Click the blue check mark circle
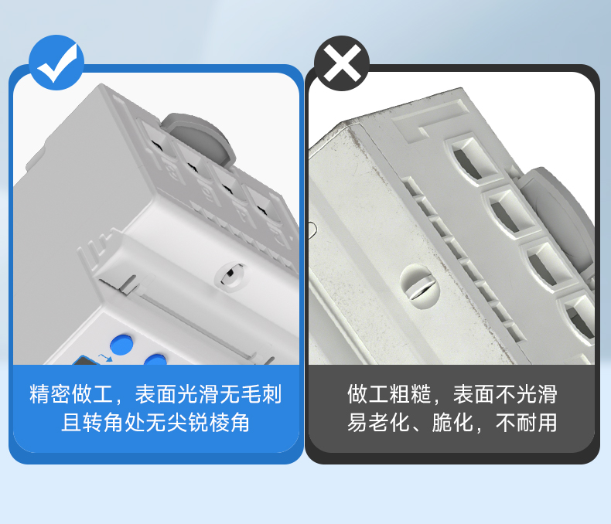coord(56,63)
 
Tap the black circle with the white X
coord(342,63)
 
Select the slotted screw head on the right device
coord(419,286)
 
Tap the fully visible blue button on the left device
coord(122,344)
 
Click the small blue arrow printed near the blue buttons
coord(105,357)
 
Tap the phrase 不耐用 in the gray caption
coord(526,423)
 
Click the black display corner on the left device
coord(85,360)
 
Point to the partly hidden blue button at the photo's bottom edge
coord(155,359)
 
